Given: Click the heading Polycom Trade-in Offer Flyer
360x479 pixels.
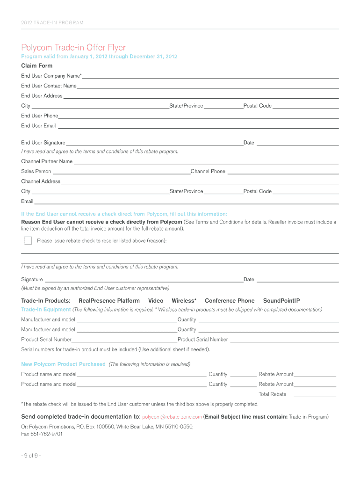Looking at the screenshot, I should [x=73, y=47].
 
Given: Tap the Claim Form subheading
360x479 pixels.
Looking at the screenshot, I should [x=36, y=66].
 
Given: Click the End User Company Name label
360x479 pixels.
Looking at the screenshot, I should [x=51, y=76].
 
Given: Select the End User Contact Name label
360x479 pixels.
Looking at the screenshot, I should [x=49, y=86].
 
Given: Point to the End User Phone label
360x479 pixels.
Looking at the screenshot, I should [x=39, y=116].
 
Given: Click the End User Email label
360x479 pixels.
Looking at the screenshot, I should [x=38, y=126].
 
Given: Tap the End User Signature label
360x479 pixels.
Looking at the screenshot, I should [x=43, y=143].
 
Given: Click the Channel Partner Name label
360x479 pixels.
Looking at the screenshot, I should [x=47, y=161].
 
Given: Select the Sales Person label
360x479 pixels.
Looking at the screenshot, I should [x=36, y=172].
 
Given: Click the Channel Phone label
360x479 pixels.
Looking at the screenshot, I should [x=208, y=172].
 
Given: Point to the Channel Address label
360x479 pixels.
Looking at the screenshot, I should [x=41, y=181].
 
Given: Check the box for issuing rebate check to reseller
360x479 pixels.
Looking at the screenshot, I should [x=28, y=241].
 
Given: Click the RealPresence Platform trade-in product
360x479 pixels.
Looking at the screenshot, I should [x=109, y=301].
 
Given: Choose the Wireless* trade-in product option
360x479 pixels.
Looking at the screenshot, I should [x=184, y=301].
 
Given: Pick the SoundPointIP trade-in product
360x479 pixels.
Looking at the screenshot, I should [x=281, y=301].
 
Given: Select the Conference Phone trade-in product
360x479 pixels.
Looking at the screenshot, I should [x=230, y=301].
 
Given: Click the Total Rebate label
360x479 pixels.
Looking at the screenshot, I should [x=272, y=394].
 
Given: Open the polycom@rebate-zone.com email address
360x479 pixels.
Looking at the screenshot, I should [x=172, y=417].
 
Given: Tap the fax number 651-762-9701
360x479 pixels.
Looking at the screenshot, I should [x=46, y=434].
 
